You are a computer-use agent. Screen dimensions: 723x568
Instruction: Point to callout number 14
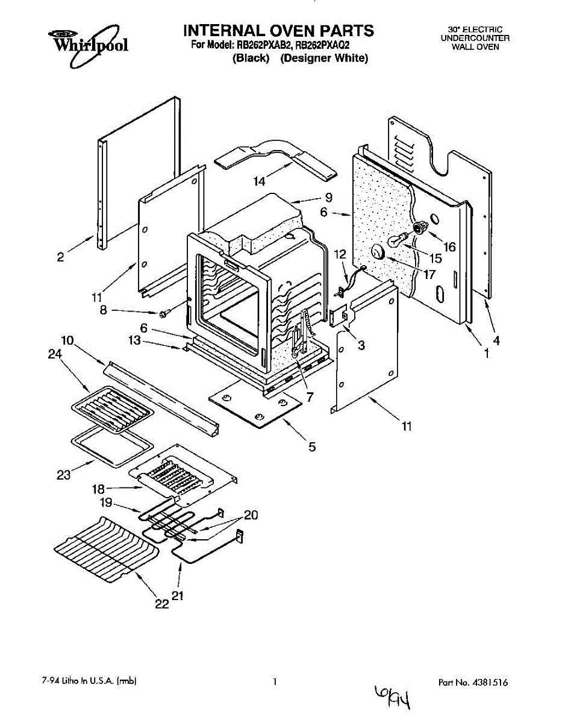click(259, 181)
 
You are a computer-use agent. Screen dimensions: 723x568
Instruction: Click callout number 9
click(328, 197)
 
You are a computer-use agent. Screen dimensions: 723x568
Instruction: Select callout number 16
click(449, 246)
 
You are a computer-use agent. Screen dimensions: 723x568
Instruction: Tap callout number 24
click(54, 355)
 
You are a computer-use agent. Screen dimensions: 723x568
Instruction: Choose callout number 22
click(162, 604)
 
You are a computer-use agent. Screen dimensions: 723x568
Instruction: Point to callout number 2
click(60, 257)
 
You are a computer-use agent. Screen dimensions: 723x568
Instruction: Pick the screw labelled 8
click(163, 314)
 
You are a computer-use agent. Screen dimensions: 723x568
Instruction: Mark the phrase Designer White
click(324, 58)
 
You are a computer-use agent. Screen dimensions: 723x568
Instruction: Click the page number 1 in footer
click(275, 682)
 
